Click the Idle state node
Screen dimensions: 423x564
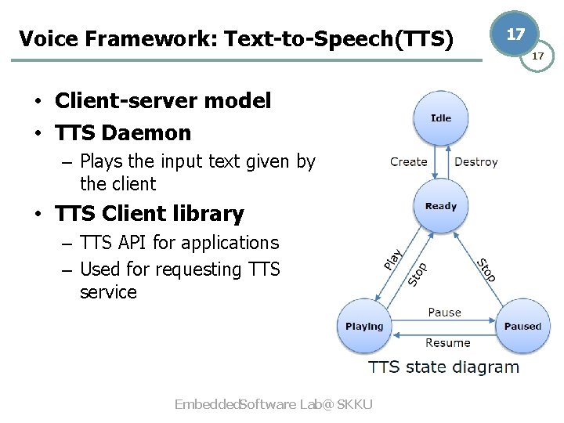441,118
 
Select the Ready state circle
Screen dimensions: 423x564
440,207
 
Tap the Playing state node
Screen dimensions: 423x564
364,327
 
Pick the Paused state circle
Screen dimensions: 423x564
522,327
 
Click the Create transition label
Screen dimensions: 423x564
408,162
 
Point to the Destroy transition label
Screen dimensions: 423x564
475,162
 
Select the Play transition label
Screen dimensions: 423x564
393,259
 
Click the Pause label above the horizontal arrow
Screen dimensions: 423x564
444,313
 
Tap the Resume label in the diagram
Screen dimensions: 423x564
447,343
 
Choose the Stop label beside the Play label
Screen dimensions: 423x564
417,273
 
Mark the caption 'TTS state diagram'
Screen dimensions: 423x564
443,367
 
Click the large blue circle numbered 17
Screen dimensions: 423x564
515,34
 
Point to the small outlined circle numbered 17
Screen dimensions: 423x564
538,56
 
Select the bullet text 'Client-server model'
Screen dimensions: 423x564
163,100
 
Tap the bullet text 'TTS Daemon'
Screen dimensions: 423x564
123,132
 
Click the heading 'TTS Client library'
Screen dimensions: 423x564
150,213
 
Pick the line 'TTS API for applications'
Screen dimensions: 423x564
179,243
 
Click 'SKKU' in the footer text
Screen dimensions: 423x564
355,404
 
